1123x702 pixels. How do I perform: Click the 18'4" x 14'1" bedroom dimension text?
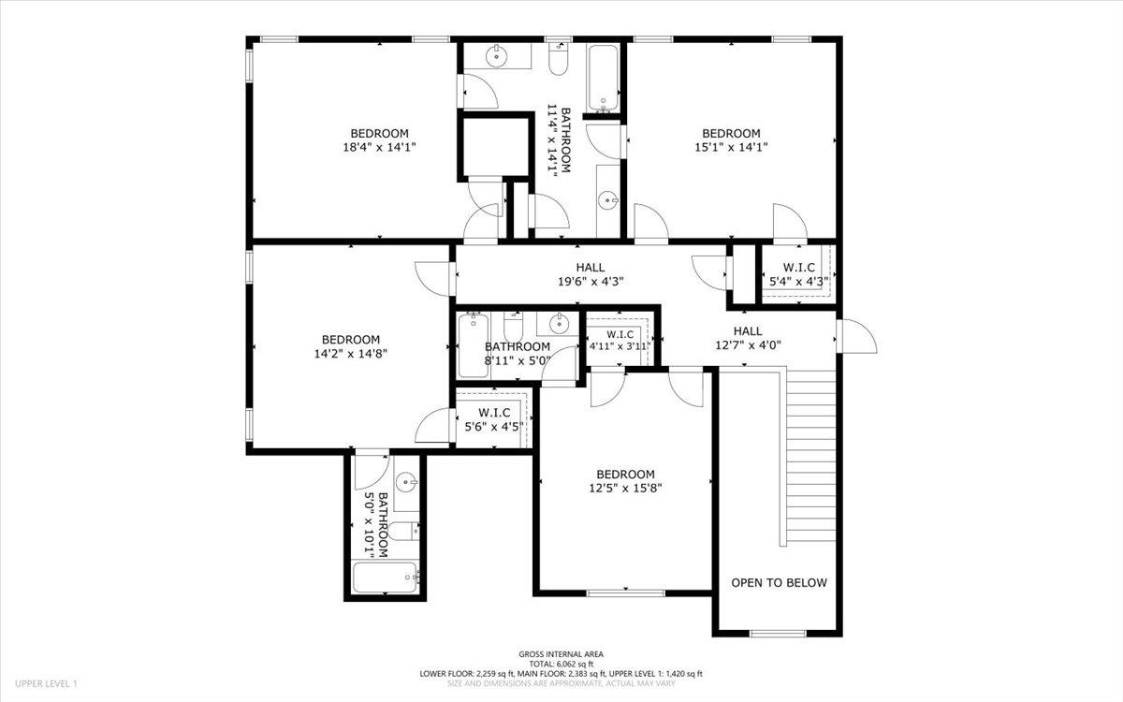point(379,147)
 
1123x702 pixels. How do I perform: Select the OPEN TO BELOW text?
point(779,582)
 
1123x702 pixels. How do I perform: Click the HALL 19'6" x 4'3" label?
point(590,274)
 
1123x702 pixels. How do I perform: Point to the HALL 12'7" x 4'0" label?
point(747,337)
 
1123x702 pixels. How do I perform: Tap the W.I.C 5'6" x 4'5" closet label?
point(493,419)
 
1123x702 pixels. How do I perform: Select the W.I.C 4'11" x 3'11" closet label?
point(620,340)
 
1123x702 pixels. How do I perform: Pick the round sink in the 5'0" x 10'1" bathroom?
point(406,483)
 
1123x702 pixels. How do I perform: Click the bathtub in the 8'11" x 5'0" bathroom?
point(473,346)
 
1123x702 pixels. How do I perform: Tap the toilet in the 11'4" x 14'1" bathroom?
point(559,61)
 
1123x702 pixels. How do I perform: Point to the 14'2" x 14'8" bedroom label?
point(350,346)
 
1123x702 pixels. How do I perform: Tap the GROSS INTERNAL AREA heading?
point(561,654)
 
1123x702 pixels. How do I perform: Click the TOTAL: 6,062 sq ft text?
point(561,664)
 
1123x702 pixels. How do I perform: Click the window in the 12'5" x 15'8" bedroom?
point(625,592)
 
